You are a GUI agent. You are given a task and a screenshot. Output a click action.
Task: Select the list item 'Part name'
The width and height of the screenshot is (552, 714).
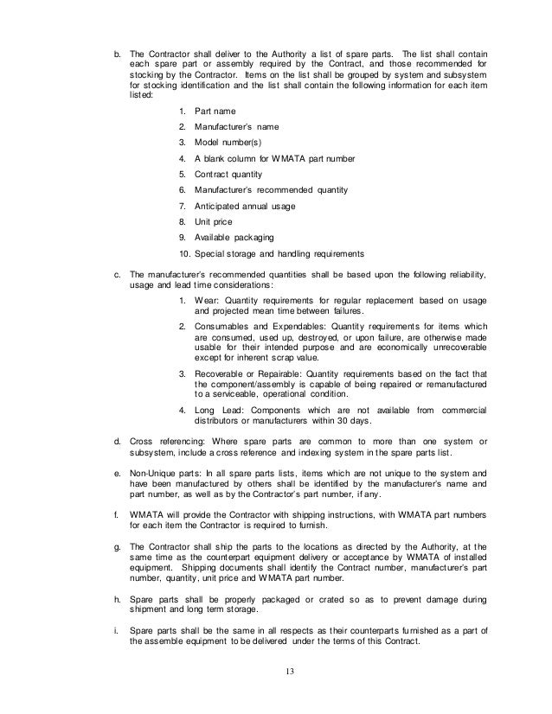tap(215, 112)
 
